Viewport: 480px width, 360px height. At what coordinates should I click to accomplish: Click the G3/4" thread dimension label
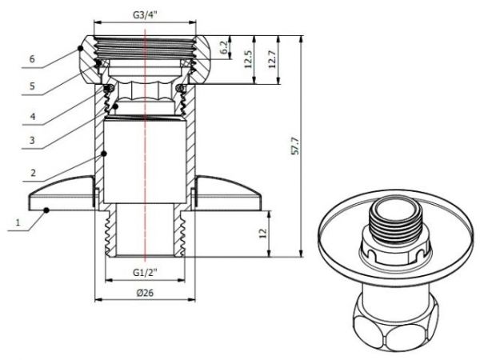pos(145,13)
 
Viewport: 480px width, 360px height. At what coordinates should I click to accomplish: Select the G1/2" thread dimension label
pos(145,272)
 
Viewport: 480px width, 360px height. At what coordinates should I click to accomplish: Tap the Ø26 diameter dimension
pos(145,293)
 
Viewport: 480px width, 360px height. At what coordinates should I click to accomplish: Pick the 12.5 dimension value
pos(249,59)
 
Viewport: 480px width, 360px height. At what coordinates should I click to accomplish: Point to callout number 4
pos(32,117)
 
